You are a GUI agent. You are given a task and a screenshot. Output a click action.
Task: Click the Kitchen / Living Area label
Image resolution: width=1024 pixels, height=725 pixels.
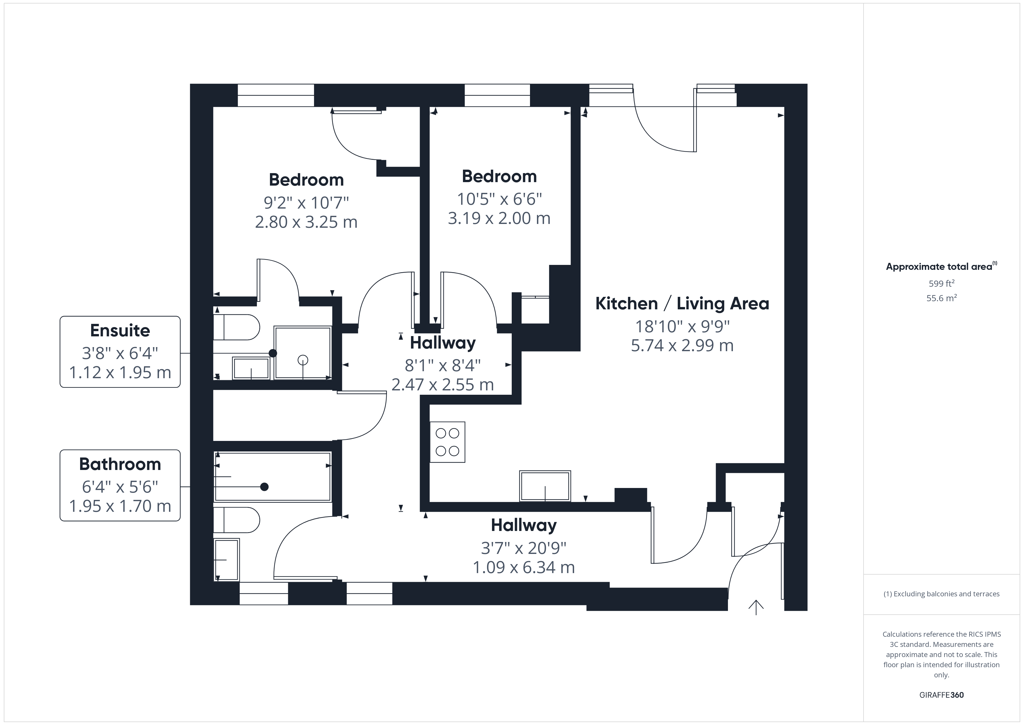click(682, 304)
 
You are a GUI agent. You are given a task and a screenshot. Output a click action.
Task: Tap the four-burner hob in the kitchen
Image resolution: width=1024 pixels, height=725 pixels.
click(447, 442)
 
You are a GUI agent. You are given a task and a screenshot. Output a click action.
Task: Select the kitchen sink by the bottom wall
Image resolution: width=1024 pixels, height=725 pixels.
click(545, 486)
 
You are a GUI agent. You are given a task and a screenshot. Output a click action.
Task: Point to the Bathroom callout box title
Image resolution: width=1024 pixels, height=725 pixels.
click(120, 464)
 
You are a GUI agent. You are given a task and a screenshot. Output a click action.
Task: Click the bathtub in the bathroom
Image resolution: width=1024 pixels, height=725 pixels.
click(273, 477)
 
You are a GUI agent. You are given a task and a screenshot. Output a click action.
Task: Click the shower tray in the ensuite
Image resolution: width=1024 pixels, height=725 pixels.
click(303, 353)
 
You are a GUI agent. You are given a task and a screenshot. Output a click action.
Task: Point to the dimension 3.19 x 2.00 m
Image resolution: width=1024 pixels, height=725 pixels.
click(499, 218)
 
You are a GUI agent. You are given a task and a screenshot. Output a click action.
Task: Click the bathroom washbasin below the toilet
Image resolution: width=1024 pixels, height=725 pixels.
click(227, 559)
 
